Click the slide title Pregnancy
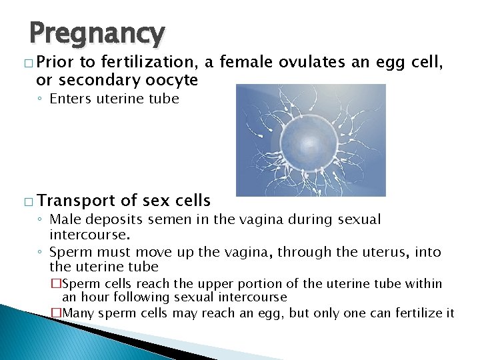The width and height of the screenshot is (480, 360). click(x=97, y=33)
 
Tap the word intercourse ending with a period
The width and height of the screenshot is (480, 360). click(x=89, y=235)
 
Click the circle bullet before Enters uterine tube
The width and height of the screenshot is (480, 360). click(x=41, y=99)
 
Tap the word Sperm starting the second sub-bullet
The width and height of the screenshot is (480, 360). click(x=69, y=253)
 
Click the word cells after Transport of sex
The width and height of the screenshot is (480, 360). click(x=187, y=200)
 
